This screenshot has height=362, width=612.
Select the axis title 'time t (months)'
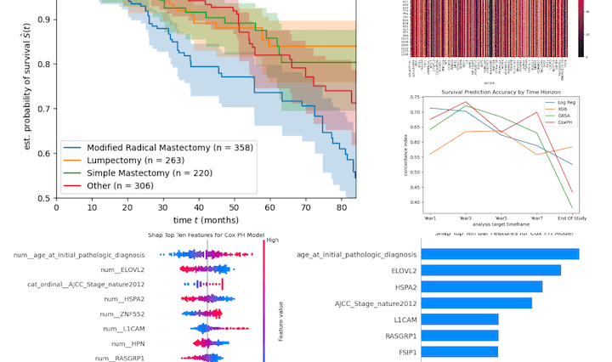coord(206,220)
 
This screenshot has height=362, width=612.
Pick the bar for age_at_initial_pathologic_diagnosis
coord(501,254)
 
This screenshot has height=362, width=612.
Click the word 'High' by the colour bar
coord(272,240)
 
